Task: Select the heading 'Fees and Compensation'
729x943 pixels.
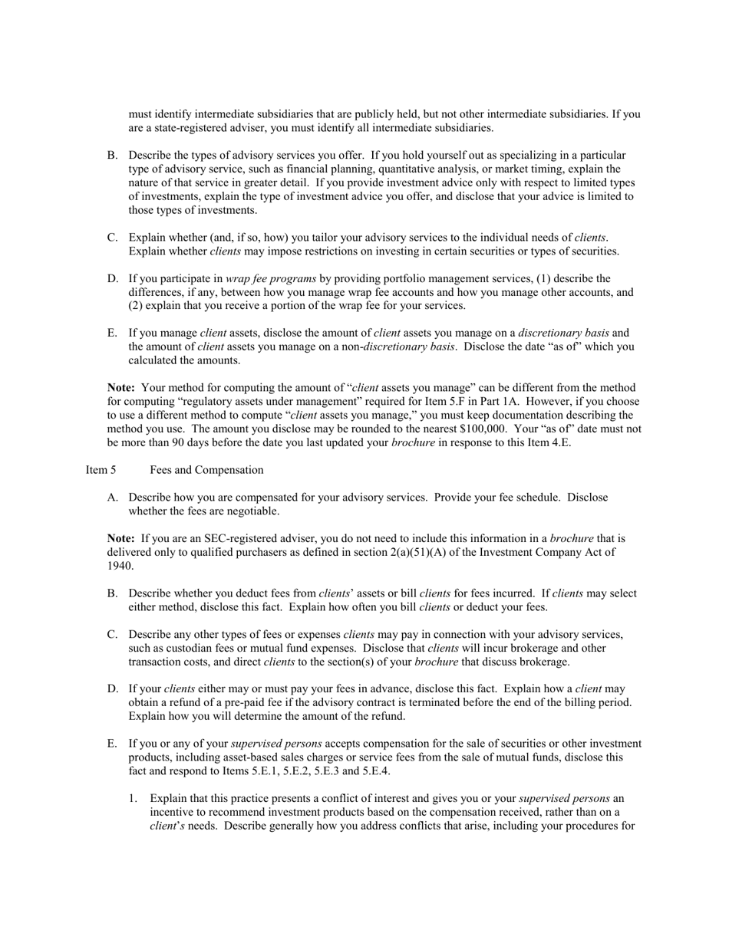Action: pyautogui.click(x=206, y=470)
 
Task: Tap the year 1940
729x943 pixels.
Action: pyautogui.click(x=120, y=566)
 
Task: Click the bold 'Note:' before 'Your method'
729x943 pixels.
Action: pyautogui.click(x=121, y=388)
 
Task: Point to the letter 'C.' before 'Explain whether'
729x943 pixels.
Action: pyautogui.click(x=113, y=238)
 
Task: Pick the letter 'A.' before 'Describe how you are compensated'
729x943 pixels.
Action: pyautogui.click(x=113, y=498)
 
